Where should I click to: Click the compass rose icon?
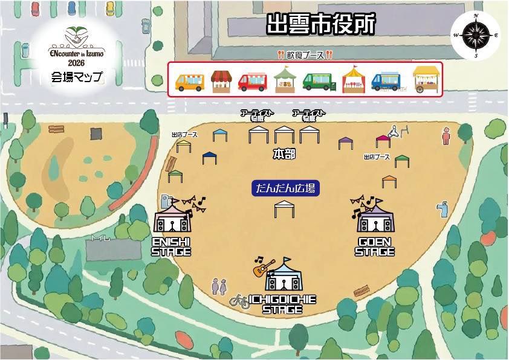pos(476,36)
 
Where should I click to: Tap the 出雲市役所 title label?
pos(321,24)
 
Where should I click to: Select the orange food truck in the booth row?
pos(189,82)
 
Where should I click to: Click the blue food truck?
pos(386,81)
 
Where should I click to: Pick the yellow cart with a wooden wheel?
pos(426,79)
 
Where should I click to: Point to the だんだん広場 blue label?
pos(285,188)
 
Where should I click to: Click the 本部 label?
pos(284,155)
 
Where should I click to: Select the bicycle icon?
pos(240,301)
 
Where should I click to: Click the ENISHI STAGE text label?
pos(171,246)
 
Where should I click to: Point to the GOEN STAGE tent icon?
pos(375,219)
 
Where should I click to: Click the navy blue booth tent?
pos(209,157)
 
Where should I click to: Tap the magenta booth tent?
pos(383,141)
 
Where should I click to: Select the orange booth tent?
pos(389,181)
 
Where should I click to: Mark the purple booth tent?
pos(345,143)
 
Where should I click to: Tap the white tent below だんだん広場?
pos(284,209)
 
